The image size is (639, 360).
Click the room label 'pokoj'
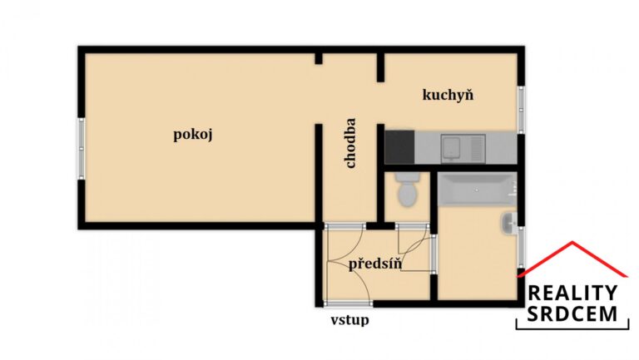193,135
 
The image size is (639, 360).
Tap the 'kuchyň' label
448,95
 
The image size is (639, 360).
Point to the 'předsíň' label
375,264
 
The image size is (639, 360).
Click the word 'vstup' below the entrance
349,319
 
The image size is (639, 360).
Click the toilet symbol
407,191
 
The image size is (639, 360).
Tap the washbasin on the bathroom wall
510,222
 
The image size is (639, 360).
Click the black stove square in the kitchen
400,148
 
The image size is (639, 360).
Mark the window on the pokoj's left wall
82,148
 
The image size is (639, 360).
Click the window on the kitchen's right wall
521,108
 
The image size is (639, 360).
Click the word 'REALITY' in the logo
573,293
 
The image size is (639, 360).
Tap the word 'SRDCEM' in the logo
573,313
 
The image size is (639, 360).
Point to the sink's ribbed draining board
475,148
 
